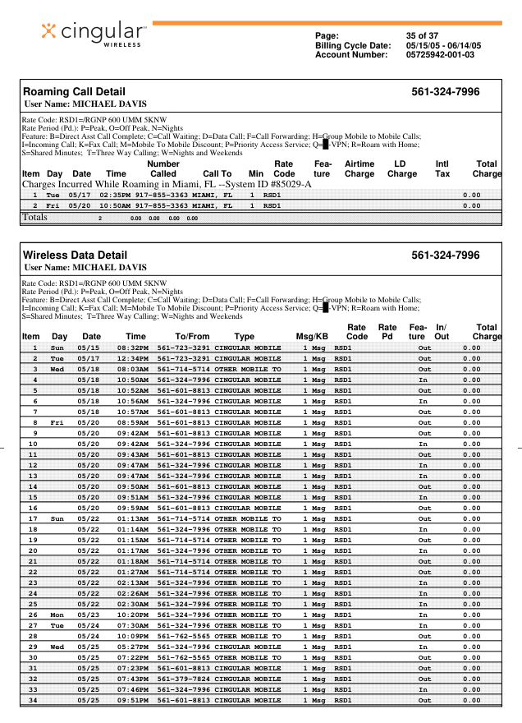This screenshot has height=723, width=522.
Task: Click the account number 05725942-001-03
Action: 440,55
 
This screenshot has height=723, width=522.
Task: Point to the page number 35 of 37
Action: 423,35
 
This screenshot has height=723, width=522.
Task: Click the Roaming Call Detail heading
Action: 75,92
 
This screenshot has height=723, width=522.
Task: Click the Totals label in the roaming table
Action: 34,218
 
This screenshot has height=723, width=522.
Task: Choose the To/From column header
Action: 192,337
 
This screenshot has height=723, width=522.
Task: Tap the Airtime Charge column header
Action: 359,169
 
